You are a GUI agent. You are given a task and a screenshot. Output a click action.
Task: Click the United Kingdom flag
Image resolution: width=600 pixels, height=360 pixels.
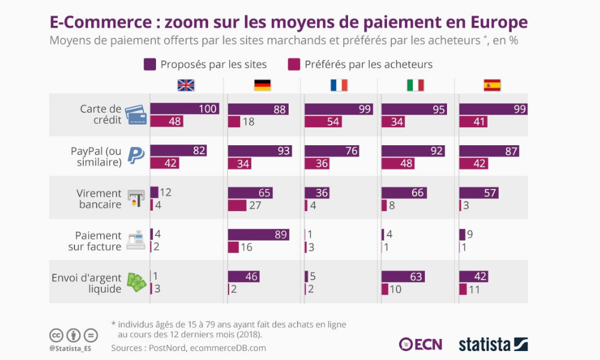click(186, 85)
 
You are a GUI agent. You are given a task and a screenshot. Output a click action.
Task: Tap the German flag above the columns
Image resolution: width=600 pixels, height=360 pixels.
click(262, 85)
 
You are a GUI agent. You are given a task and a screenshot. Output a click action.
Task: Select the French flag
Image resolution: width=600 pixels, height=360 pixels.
click(339, 85)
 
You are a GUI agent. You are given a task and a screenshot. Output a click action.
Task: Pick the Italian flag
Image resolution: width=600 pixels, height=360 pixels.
click(415, 85)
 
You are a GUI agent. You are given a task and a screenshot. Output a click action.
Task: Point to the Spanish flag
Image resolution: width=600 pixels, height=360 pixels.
click(492, 85)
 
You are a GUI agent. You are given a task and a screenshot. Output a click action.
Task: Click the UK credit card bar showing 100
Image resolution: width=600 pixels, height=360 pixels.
click(184, 109)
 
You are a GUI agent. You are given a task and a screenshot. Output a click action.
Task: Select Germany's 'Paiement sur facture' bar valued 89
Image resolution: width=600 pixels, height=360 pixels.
click(258, 235)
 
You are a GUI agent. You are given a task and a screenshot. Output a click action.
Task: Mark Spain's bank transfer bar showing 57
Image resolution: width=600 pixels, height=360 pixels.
click(478, 193)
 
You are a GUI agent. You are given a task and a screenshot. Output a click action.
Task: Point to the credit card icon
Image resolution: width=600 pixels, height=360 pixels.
click(136, 115)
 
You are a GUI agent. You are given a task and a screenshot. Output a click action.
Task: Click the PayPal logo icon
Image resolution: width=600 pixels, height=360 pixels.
click(136, 156)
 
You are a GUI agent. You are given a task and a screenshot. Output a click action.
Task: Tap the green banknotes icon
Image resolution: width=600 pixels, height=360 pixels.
click(136, 283)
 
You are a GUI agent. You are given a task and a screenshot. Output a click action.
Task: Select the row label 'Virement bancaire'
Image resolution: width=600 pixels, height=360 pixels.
click(99, 199)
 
